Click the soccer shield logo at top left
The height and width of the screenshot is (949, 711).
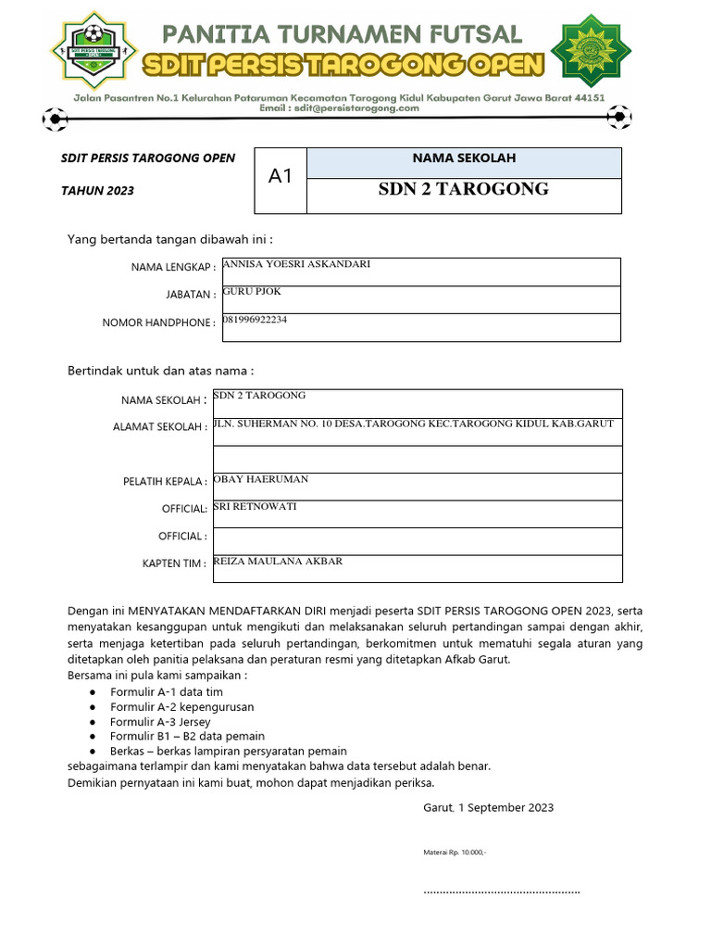coord(92,47)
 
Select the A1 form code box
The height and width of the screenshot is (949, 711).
coord(280,176)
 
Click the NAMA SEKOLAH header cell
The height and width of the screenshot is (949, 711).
coord(463,158)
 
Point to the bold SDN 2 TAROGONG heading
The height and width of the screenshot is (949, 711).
coord(463,190)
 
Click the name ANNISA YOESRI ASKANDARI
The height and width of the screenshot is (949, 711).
coord(297,264)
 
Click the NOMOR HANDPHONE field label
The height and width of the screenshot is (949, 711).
coord(158,323)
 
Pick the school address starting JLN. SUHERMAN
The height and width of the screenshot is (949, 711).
coord(413,424)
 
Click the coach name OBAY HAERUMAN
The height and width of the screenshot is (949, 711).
coord(261,479)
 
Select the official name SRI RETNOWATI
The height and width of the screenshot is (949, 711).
coord(256,507)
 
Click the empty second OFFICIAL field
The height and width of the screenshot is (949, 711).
coord(417,540)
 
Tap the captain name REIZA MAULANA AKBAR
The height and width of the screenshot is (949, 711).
coord(278,561)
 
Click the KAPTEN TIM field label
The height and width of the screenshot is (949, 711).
coord(174,563)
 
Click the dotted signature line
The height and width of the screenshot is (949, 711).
coord(501,892)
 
